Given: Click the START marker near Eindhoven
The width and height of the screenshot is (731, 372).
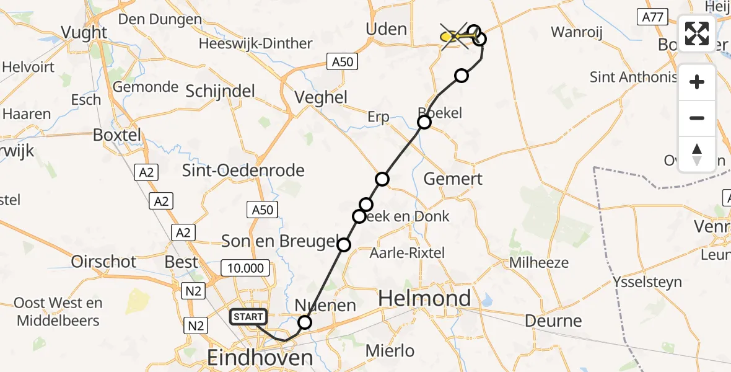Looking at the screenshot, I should [248, 317].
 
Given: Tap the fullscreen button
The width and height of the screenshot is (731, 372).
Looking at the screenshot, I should [697, 33].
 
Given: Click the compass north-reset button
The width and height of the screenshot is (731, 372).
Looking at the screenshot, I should [697, 154].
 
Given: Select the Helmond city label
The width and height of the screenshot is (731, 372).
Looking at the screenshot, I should [424, 299].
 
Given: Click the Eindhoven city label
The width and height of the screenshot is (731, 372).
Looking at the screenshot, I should [260, 357].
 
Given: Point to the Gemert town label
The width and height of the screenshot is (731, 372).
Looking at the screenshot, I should [453, 179].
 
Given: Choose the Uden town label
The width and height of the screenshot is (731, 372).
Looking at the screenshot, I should [387, 29].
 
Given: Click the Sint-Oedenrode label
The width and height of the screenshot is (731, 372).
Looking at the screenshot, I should [243, 170].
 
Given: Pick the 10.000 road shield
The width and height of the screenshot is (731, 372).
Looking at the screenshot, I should [247, 268].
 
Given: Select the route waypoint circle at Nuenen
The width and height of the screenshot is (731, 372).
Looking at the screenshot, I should [305, 322].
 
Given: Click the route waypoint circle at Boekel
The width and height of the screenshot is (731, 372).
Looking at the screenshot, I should [424, 122].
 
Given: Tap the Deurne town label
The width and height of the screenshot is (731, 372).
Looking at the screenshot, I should [553, 321].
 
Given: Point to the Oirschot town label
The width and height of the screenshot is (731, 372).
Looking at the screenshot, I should [103, 262].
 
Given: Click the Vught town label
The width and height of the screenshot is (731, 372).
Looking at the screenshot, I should [84, 32].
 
